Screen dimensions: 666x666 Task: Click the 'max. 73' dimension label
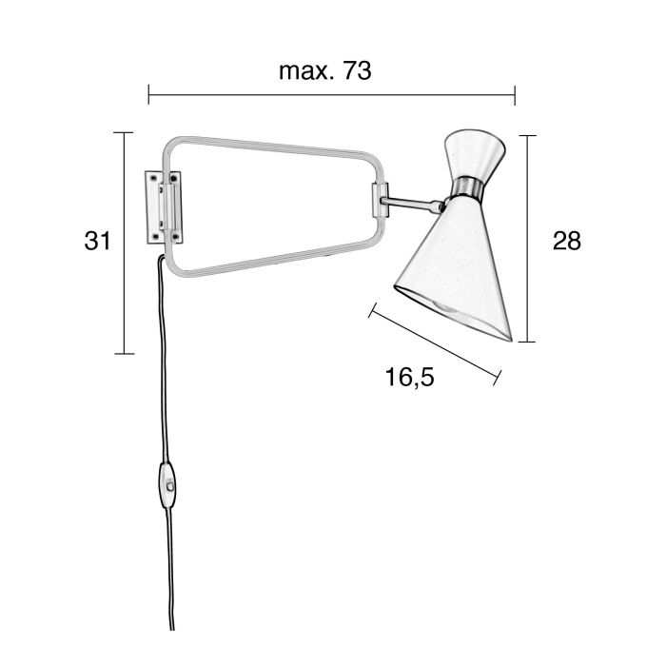[325, 71]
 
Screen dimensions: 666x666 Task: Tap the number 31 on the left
[97, 241]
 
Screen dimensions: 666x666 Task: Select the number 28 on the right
[567, 241]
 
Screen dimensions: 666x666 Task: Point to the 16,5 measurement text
[409, 377]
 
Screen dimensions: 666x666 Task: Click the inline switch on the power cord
[168, 484]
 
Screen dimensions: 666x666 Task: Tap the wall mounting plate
[164, 207]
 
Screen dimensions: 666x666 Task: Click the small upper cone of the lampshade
[475, 153]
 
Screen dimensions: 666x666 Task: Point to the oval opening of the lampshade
[453, 313]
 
